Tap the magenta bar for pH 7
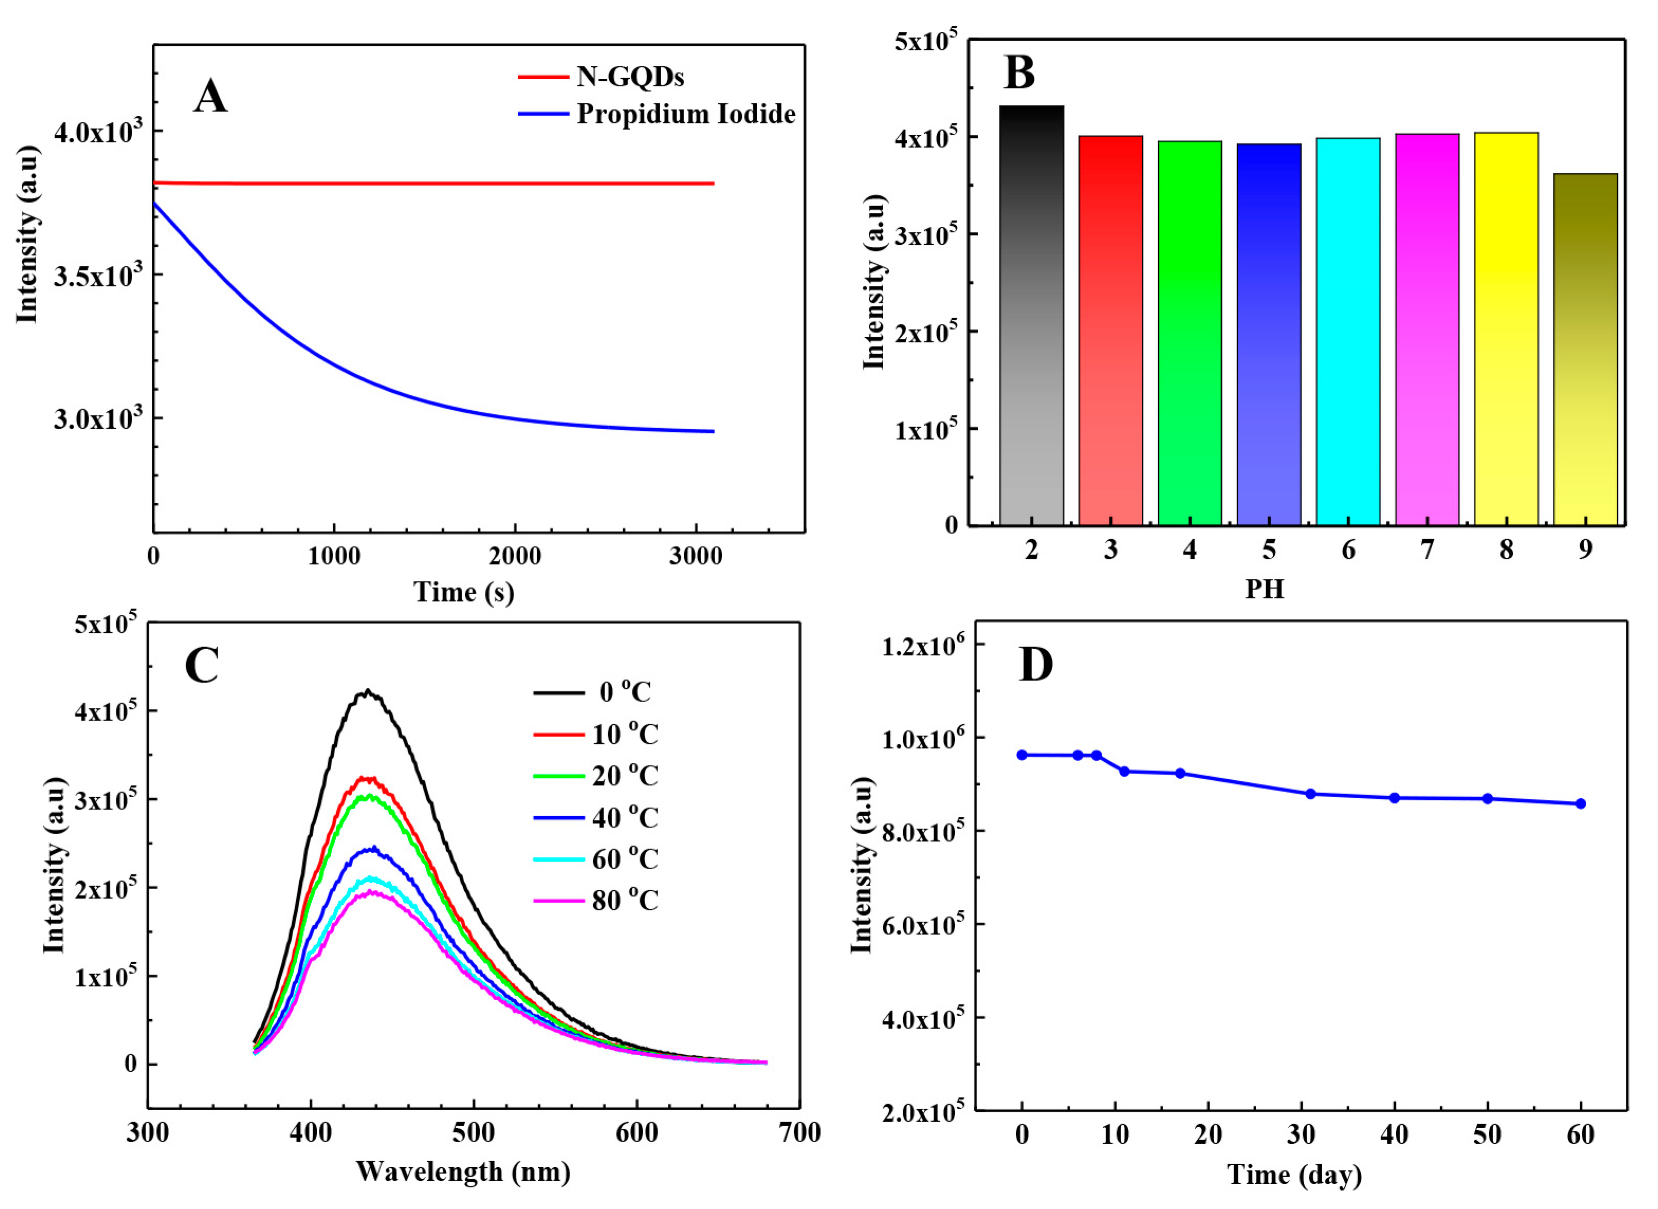[x=1426, y=329]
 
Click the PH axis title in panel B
[x=1264, y=589]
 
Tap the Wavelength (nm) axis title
[x=463, y=1171]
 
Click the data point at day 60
[x=1580, y=804]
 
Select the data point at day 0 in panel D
[x=1022, y=754]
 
